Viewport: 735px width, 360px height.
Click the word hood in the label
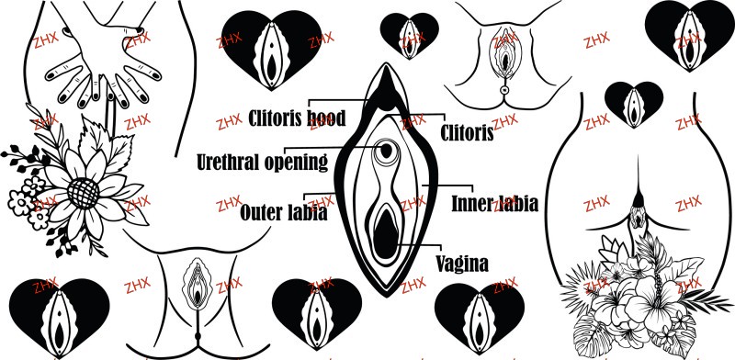click(x=326, y=118)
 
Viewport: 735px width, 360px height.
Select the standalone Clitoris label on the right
click(x=467, y=132)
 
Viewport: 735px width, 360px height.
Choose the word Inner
click(x=471, y=204)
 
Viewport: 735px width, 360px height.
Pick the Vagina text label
click(x=462, y=264)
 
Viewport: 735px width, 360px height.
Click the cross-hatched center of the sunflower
click(x=83, y=193)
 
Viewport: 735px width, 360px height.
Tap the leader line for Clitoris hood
click(x=336, y=100)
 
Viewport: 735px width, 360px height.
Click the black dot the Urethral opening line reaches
click(x=386, y=151)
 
